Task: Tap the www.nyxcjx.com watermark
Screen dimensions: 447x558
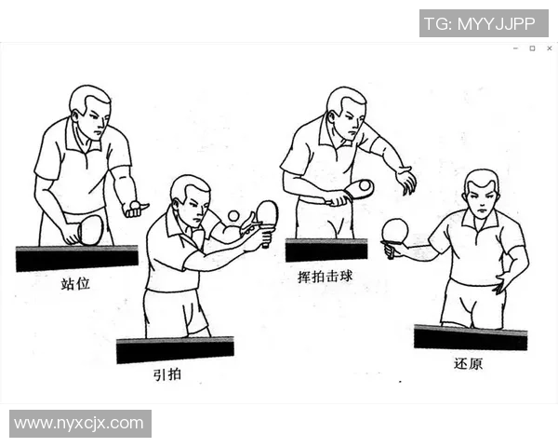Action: coord(79,424)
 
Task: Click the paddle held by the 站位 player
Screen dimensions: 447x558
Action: coord(90,229)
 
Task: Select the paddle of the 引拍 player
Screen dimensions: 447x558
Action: coord(267,213)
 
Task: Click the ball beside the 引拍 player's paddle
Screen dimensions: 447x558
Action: coord(233,216)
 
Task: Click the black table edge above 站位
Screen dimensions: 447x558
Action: coord(76,257)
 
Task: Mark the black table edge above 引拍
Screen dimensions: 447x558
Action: coord(175,349)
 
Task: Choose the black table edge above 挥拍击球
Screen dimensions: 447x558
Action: coord(326,250)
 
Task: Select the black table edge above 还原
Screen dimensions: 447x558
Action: coord(470,336)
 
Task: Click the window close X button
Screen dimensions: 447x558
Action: coord(549,47)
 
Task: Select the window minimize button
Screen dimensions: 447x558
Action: coord(516,47)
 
